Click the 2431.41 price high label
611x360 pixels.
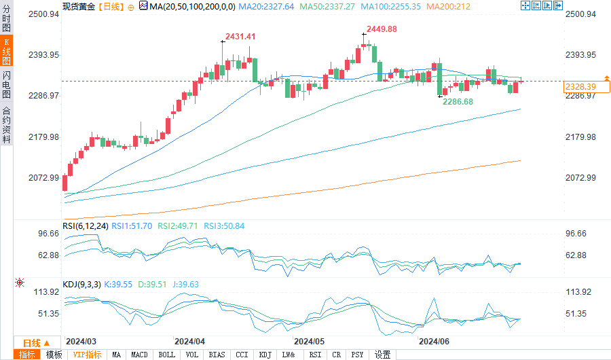[242, 36]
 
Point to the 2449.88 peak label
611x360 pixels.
[382, 29]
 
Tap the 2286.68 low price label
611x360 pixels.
[458, 101]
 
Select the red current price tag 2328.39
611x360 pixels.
[580, 86]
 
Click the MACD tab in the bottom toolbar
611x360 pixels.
[139, 355]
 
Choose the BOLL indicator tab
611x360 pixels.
[166, 355]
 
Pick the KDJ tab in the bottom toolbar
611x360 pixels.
[265, 355]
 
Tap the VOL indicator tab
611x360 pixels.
[192, 355]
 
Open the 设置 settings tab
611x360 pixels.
[383, 355]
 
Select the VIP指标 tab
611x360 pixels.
[88, 355]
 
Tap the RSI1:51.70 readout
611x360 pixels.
[133, 226]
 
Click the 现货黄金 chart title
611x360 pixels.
[79, 5]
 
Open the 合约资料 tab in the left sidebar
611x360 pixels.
[6, 125]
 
